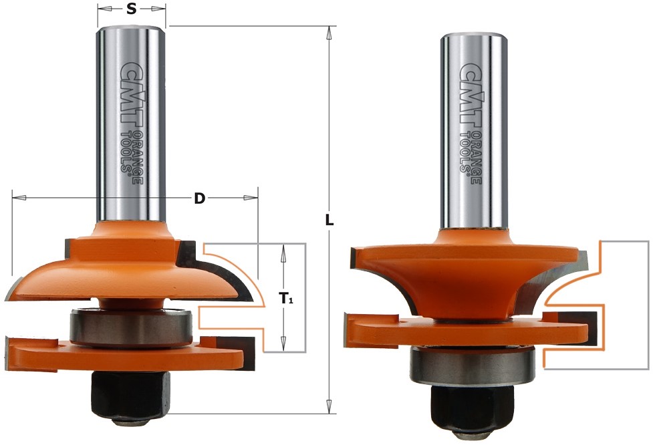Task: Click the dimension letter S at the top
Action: pyautogui.click(x=131, y=9)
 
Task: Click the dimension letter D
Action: pyautogui.click(x=200, y=199)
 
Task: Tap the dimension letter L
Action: pyautogui.click(x=330, y=220)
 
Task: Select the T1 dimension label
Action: pyautogui.click(x=285, y=298)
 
